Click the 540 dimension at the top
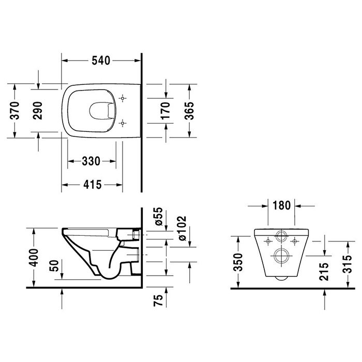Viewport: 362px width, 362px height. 101,61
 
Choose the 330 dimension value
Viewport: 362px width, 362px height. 91,161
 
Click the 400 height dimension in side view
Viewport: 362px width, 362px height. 33,256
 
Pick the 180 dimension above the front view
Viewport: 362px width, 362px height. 281,205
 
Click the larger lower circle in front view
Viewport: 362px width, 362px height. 282,257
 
